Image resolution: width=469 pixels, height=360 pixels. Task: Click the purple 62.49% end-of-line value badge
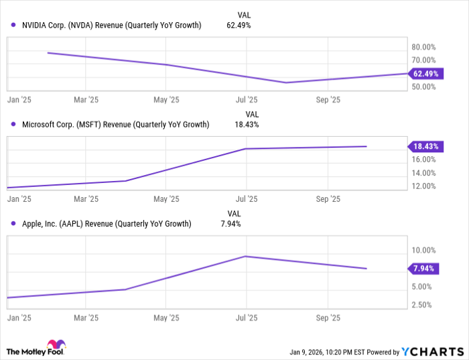[x=423, y=74]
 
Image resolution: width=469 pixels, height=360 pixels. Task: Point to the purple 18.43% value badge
[x=423, y=146]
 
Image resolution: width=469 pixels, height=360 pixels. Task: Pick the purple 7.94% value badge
[x=423, y=269]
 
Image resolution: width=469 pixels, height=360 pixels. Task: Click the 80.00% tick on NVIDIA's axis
[x=424, y=48]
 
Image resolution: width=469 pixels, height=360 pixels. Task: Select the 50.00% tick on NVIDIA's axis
[x=424, y=87]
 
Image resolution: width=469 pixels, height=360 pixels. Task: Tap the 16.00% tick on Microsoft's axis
[x=424, y=160]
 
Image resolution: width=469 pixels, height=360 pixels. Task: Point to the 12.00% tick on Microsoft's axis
[x=424, y=186]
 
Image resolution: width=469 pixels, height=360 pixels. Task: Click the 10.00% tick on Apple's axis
[x=424, y=250]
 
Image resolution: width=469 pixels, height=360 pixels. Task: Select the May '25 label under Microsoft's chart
[x=166, y=199]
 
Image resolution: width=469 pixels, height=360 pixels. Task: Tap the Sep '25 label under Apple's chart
[x=328, y=318]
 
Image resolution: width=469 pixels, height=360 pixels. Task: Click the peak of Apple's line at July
[x=246, y=256]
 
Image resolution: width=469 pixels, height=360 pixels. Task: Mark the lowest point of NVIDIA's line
[x=286, y=82]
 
